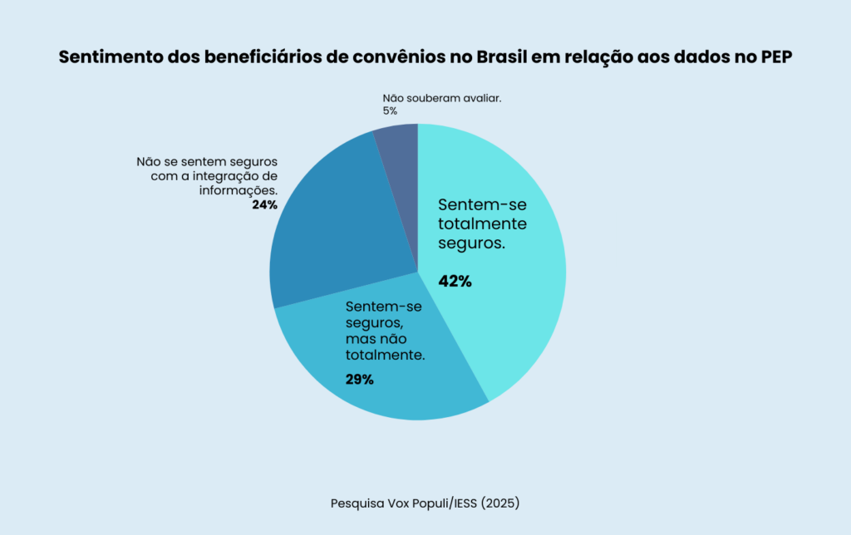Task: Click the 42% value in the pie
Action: click(x=455, y=282)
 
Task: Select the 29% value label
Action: click(x=359, y=380)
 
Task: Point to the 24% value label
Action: click(x=264, y=204)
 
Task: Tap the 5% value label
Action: click(x=390, y=110)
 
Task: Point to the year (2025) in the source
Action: click(x=497, y=503)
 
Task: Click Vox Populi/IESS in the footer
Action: click(x=425, y=503)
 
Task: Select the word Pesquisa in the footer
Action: click(x=357, y=503)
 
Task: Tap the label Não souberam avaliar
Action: click(x=441, y=98)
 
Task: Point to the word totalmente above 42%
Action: click(x=483, y=223)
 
